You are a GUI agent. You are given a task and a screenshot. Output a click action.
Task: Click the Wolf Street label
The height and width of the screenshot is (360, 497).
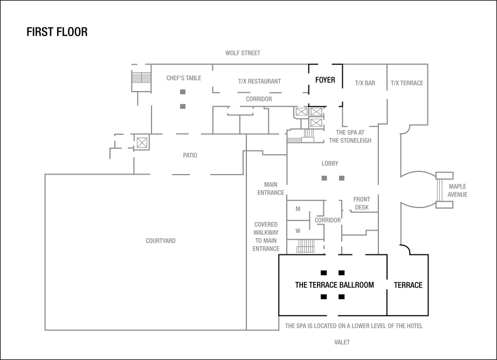tap(243, 53)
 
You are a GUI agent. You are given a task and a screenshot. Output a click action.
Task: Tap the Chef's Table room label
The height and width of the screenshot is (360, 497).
tap(184, 78)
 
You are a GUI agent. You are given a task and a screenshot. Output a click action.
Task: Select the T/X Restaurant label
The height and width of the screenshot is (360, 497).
tap(259, 81)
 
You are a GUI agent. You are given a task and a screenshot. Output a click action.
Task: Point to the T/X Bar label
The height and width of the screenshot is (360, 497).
tap(365, 84)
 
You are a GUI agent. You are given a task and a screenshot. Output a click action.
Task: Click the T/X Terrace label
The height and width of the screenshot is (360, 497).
tap(407, 84)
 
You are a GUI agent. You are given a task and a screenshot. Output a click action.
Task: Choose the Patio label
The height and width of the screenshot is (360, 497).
tap(190, 155)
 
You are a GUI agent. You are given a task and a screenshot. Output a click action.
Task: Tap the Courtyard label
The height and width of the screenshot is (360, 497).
tap(161, 241)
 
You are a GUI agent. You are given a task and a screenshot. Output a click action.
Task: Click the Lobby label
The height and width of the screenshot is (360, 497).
tap(330, 163)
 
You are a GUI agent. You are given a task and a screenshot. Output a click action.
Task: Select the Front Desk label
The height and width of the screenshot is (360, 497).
tap(362, 203)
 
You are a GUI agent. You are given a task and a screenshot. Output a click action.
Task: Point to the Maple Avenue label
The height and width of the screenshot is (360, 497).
tap(457, 190)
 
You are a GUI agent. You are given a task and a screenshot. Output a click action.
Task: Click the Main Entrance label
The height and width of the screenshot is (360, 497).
tap(271, 188)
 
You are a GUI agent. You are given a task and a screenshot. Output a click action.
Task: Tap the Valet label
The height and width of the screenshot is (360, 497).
tap(342, 342)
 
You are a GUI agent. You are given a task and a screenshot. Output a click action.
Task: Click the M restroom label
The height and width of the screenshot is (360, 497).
tap(298, 209)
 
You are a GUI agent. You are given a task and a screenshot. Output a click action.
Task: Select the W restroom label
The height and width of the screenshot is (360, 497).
tap(298, 231)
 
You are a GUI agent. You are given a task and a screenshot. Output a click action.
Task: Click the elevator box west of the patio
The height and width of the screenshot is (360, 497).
tap(142, 143)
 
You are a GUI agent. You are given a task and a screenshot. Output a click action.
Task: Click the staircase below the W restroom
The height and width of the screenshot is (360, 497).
tap(305, 246)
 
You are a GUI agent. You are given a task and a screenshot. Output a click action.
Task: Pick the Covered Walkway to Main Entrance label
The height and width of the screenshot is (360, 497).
tap(266, 237)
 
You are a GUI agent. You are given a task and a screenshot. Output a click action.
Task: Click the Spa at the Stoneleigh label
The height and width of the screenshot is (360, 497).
tap(350, 136)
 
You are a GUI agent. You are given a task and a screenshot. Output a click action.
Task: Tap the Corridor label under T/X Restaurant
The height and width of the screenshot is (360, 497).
tap(259, 99)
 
